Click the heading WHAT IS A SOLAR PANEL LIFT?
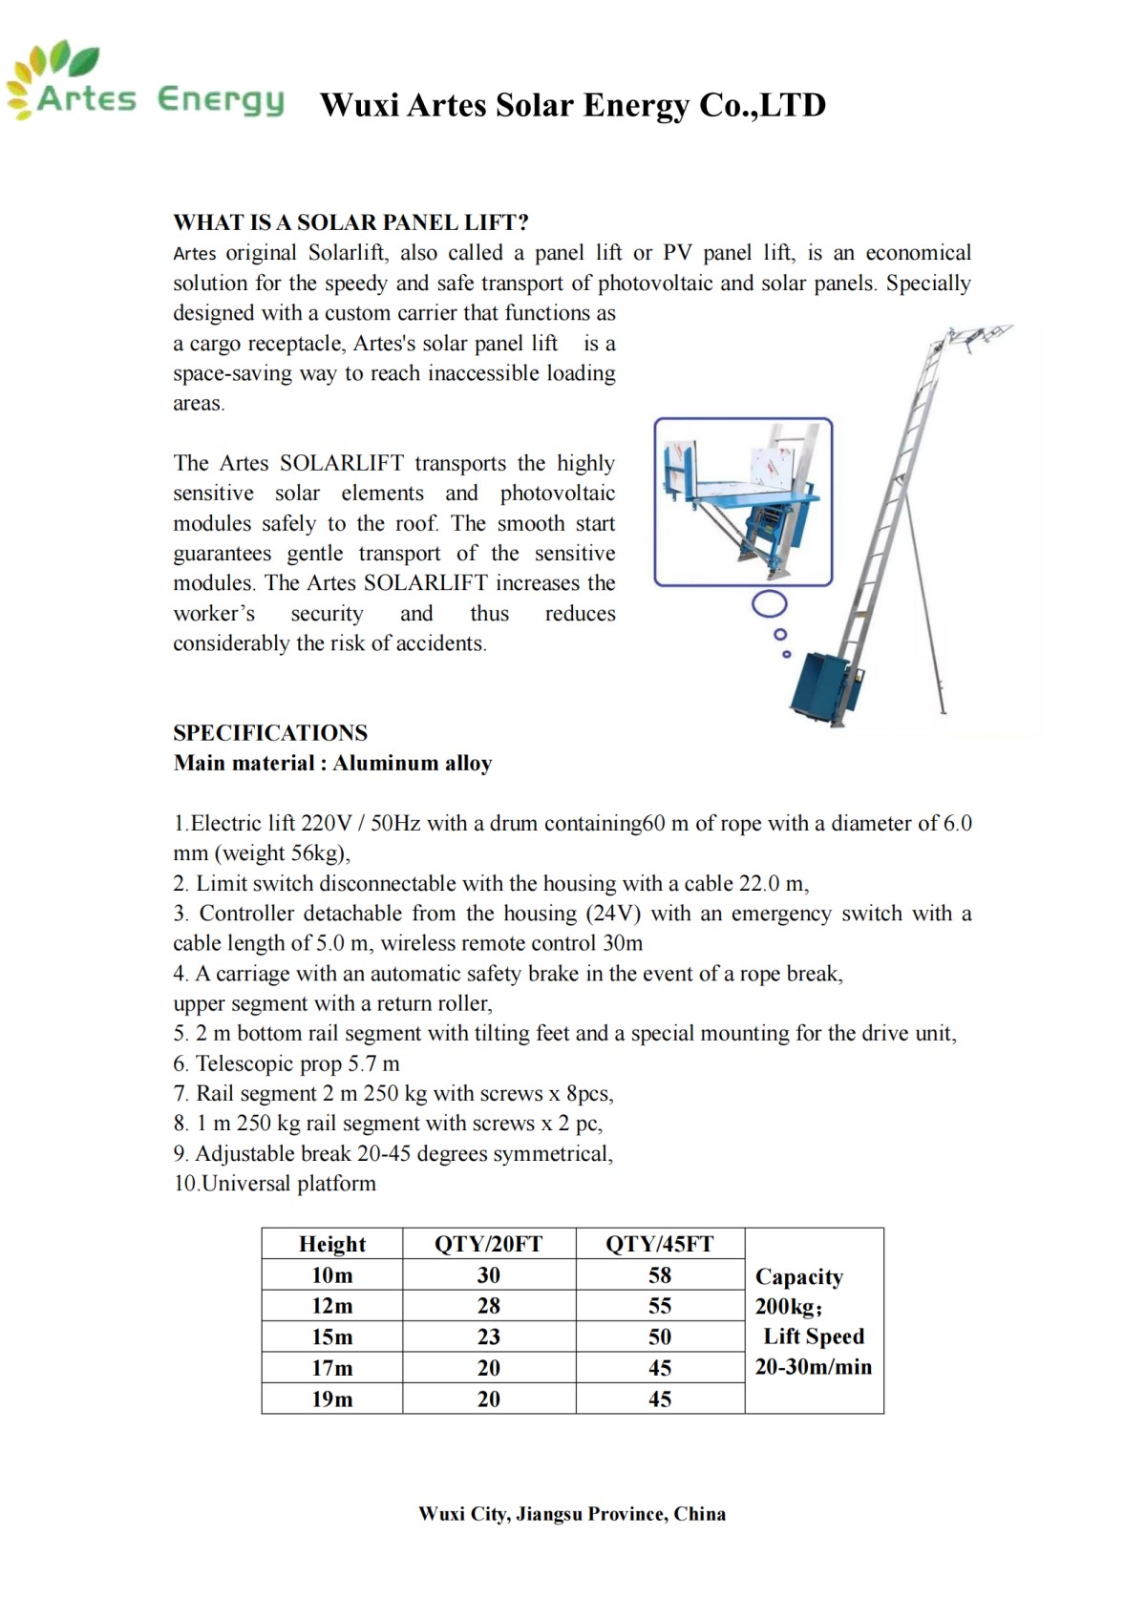coord(350,222)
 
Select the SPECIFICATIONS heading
coord(270,732)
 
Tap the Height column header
coord(331,1244)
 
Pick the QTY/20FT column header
coord(488,1244)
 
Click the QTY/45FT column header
coord(659,1244)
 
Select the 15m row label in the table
coord(331,1336)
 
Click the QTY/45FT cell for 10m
coord(659,1275)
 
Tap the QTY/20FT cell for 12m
coord(488,1306)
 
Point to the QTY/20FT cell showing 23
coord(488,1336)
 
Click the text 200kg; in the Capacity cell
coord(788,1307)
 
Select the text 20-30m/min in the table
coord(813,1367)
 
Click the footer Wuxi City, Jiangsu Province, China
coord(571,1514)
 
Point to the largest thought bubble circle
coord(770,603)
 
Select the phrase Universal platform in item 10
coord(289,1184)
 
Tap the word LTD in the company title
coord(794,105)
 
